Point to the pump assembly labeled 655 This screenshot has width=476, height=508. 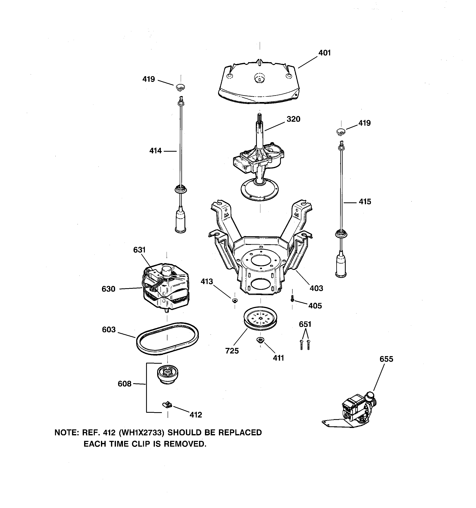click(x=356, y=411)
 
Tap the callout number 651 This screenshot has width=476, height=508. click(x=305, y=324)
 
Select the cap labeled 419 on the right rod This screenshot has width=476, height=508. click(x=340, y=132)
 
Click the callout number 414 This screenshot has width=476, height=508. click(x=155, y=151)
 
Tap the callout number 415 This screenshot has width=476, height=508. click(x=365, y=202)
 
